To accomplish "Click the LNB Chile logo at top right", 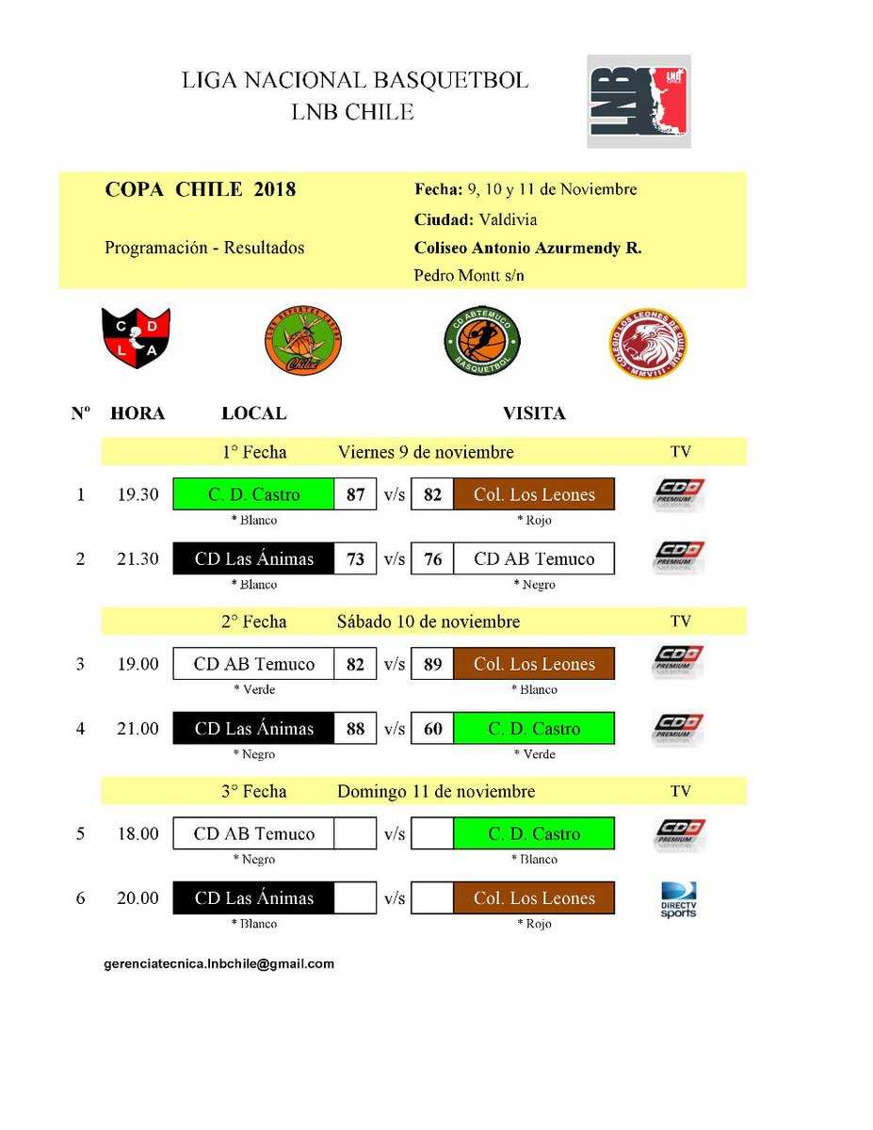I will (x=639, y=101).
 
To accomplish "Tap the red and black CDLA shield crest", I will (x=136, y=339).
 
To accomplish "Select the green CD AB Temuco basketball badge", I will (x=482, y=341).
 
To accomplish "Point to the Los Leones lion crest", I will (x=647, y=343).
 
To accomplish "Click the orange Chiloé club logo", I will (x=302, y=341).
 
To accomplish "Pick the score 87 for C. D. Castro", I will (x=355, y=494).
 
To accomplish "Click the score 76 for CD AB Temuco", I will (x=432, y=559).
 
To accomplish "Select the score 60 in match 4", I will (x=432, y=729).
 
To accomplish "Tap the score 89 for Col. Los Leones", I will (x=432, y=664).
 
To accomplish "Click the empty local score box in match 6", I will (x=355, y=898).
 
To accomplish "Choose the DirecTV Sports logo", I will (x=678, y=900).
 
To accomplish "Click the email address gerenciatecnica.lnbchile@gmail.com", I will (x=219, y=964).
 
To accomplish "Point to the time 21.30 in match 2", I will (x=137, y=559).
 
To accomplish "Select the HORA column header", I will (x=137, y=413).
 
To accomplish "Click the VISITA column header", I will (x=534, y=413).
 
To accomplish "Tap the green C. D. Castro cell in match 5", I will (x=534, y=833).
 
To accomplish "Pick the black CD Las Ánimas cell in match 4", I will (x=253, y=729).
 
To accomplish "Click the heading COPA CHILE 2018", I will (x=201, y=190).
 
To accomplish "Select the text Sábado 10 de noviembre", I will (x=428, y=621).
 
